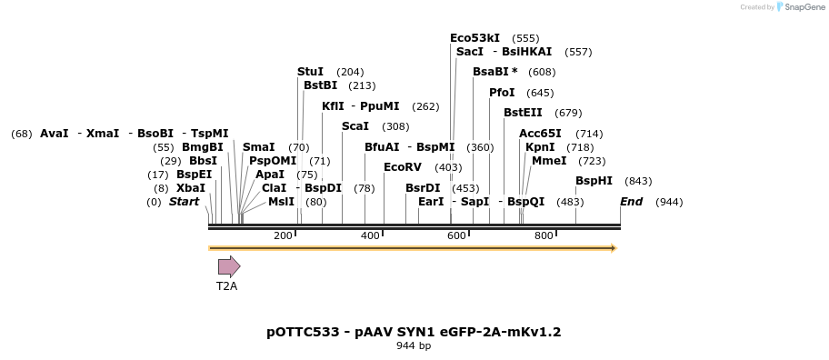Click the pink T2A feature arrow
click(x=228, y=266)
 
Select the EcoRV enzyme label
click(x=403, y=167)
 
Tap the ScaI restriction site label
click(x=355, y=126)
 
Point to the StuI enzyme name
click(x=310, y=72)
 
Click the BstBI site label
click(x=320, y=85)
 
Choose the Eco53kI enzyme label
click(x=474, y=38)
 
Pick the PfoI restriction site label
click(x=502, y=93)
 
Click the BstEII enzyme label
click(x=523, y=113)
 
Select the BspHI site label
click(x=594, y=181)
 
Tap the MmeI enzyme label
click(x=549, y=161)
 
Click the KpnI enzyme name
click(x=540, y=147)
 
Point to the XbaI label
click(x=191, y=188)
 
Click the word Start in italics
click(x=184, y=202)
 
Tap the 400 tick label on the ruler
click(x=370, y=236)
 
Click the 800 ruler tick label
click(x=544, y=236)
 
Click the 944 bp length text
click(x=414, y=345)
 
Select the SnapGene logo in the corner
click(x=800, y=7)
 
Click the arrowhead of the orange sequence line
click(x=614, y=247)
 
